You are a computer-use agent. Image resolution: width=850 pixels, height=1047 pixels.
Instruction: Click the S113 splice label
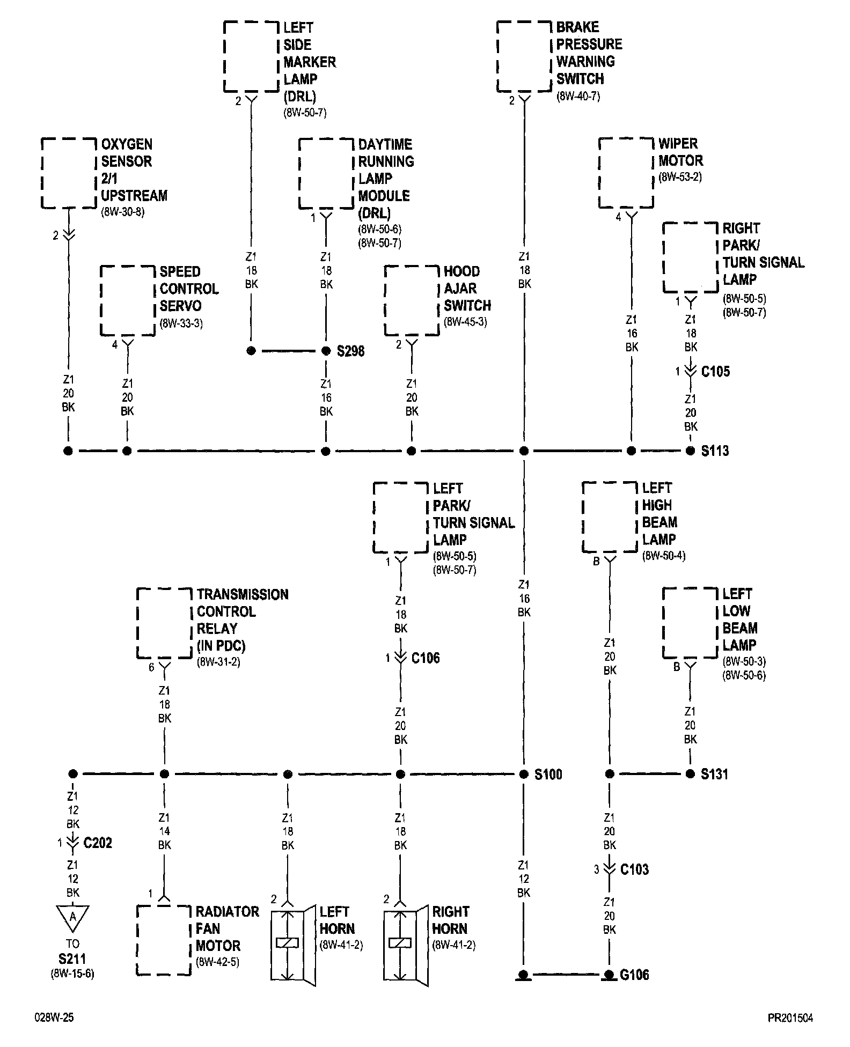[x=715, y=451]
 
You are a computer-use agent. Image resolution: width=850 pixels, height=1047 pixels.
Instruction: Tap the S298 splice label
[x=350, y=351]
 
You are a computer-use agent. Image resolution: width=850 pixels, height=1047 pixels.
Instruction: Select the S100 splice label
[x=548, y=774]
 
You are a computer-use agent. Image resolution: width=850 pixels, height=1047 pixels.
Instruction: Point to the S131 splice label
[x=714, y=774]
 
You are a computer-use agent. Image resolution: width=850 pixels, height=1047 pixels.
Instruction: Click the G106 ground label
[x=634, y=975]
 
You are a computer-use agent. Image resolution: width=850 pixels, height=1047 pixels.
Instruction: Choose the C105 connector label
[x=715, y=371]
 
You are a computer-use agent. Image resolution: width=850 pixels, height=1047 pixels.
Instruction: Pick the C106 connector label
[x=426, y=658]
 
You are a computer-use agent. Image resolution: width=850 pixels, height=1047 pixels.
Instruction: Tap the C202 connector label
[x=98, y=843]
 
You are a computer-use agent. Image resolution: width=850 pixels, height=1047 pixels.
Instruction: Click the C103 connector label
[x=634, y=869]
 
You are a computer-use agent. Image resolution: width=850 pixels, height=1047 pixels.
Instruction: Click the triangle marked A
[x=72, y=918]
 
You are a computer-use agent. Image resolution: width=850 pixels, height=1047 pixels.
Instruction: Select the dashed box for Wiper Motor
[x=626, y=173]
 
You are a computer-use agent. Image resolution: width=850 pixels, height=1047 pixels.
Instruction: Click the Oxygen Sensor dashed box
[x=69, y=173]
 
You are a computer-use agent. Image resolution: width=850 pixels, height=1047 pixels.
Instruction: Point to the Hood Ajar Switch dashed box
[x=412, y=300]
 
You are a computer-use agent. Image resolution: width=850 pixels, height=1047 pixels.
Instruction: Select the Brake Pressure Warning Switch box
[x=524, y=56]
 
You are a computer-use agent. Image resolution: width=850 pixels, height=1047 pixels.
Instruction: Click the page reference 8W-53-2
[x=680, y=177]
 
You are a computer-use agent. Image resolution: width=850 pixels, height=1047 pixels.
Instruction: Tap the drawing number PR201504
[x=789, y=1018]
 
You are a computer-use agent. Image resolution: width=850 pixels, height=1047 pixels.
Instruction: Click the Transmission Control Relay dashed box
[x=164, y=623]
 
